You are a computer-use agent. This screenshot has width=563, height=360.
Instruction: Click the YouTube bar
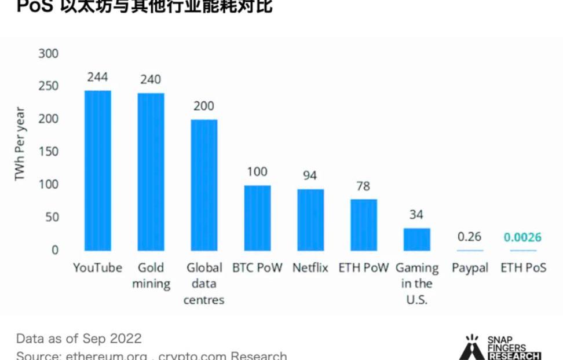tap(97, 171)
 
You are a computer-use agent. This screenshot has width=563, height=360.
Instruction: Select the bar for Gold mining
tap(151, 172)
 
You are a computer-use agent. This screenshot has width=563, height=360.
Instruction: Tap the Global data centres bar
tap(204, 185)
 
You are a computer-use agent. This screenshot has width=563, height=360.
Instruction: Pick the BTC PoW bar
tap(257, 218)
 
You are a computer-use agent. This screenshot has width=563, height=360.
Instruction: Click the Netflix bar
tap(310, 220)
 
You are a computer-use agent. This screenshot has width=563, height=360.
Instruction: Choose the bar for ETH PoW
tap(364, 225)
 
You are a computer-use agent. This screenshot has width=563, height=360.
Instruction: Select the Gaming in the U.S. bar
tap(417, 239)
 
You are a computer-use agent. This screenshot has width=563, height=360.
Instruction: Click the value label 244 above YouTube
tap(97, 77)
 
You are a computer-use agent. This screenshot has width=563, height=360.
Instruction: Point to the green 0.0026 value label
tap(522, 237)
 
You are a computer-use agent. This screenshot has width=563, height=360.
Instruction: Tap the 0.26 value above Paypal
tap(469, 237)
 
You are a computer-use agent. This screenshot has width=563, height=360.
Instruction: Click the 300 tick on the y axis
tap(49, 54)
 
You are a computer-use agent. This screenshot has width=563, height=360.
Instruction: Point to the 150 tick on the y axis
tap(49, 152)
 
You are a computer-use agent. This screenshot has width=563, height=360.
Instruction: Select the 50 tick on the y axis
tap(52, 218)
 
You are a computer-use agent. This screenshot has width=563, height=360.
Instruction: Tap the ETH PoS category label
tap(523, 268)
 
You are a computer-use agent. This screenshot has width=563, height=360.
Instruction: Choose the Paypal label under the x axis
tap(470, 268)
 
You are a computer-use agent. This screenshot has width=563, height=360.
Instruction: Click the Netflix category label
tap(310, 268)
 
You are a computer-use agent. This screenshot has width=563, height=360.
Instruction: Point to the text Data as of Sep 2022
tap(79, 339)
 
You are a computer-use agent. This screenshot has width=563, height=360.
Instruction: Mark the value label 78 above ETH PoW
tap(364, 186)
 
